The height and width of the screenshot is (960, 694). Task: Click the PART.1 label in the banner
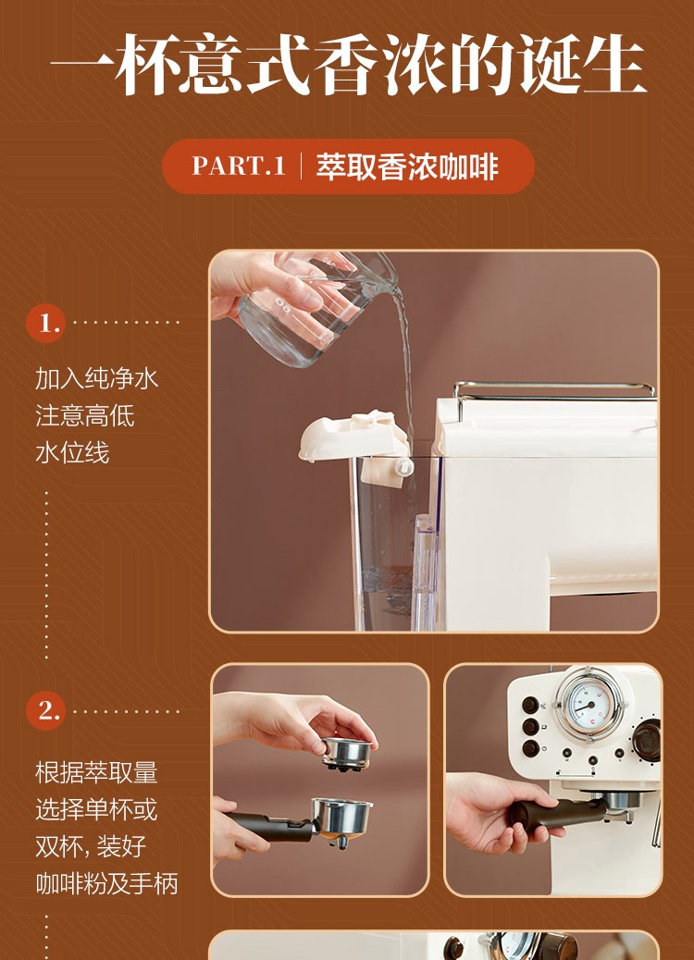(x=239, y=166)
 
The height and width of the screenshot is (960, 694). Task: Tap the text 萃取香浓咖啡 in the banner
(x=407, y=166)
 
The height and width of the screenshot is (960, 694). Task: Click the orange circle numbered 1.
(x=45, y=322)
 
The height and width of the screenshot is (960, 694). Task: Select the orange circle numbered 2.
(x=45, y=711)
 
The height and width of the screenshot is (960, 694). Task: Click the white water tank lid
(x=353, y=436)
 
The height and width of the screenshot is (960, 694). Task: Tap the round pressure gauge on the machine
(x=590, y=705)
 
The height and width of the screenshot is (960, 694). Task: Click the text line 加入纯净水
(x=97, y=378)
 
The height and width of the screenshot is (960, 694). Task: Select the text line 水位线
(x=72, y=453)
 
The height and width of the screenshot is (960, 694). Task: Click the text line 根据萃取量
(x=97, y=772)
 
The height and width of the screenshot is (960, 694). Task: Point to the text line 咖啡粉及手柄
(x=106, y=883)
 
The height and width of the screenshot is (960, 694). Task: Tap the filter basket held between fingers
(x=347, y=753)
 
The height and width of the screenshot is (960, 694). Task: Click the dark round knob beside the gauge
(x=646, y=740)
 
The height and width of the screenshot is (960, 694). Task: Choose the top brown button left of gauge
(x=530, y=706)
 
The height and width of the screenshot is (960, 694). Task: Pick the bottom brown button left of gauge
(x=530, y=748)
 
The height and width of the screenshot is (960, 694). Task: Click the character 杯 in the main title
(x=146, y=64)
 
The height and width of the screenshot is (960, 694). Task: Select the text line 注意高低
(x=84, y=415)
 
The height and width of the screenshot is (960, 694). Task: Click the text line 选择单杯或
(x=97, y=809)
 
